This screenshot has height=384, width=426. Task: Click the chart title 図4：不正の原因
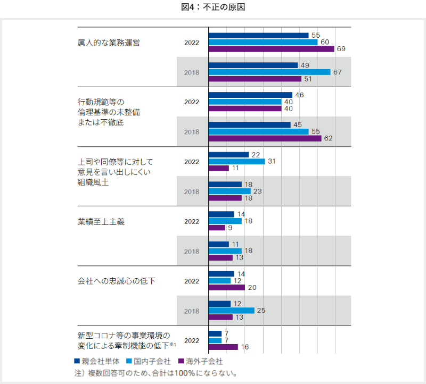[x=212, y=7]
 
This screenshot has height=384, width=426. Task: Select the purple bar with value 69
[x=272, y=49]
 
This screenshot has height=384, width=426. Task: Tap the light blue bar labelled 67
[x=269, y=72]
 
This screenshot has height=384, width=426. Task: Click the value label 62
[x=328, y=138]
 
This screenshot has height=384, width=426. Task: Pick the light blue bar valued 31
[x=237, y=161]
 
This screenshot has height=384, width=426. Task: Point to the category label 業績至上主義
[x=101, y=221]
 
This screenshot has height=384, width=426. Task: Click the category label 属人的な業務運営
[x=109, y=43]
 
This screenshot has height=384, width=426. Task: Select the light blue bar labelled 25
[x=232, y=310]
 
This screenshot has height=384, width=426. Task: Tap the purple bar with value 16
[x=223, y=347]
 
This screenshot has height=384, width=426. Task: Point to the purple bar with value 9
[x=217, y=228]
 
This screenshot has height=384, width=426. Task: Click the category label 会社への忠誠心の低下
[x=117, y=281]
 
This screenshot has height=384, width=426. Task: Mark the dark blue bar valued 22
[x=228, y=155]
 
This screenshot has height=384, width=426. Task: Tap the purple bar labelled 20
[x=227, y=287]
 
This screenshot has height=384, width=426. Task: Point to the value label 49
[x=305, y=65]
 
